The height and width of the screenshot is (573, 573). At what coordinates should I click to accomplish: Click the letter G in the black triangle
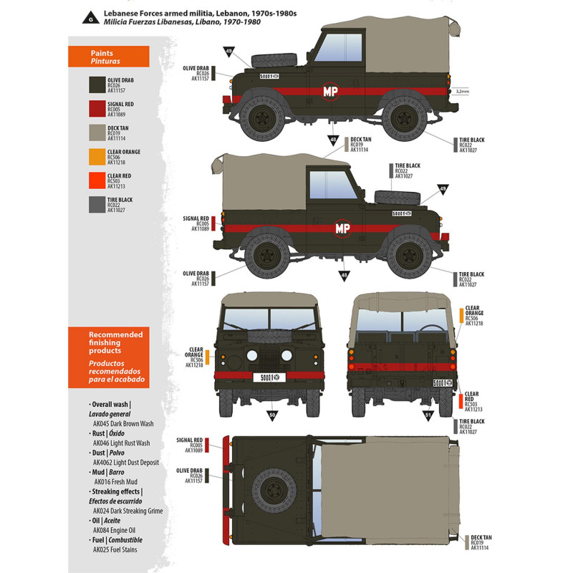(91, 18)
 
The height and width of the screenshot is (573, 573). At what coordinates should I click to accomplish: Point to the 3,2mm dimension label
(462, 92)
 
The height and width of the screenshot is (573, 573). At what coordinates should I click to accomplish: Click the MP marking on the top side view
(330, 92)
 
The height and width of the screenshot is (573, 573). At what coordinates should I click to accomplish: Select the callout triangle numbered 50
(272, 414)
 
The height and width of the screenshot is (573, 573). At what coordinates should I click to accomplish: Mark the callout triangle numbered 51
(428, 414)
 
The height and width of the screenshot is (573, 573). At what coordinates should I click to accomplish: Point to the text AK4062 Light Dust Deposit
(125, 463)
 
